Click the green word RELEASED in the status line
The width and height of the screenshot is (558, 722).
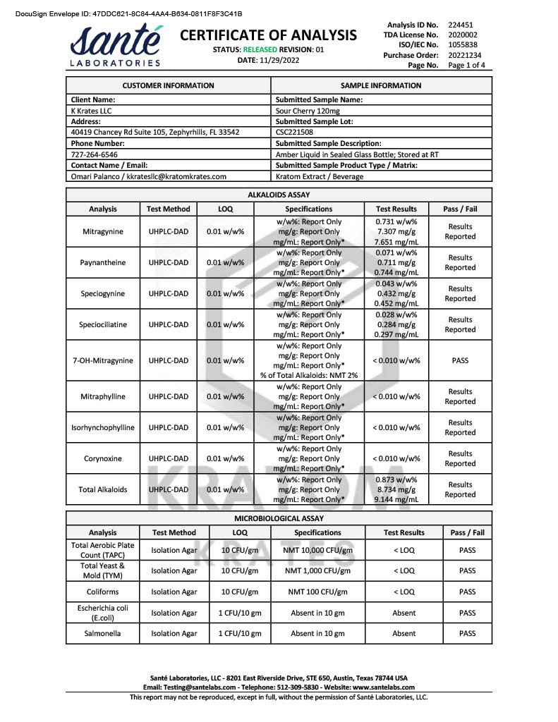260,49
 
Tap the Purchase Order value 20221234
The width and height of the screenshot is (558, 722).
466,55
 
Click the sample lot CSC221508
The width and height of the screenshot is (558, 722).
296,133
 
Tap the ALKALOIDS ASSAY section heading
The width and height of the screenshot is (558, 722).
279,195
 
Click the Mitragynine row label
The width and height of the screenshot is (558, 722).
102,231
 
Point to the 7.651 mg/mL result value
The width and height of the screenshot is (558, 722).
397,241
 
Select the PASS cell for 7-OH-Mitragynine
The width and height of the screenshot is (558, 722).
460,360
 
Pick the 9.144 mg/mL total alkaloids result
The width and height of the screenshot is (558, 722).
397,499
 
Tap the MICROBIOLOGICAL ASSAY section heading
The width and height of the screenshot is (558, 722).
279,518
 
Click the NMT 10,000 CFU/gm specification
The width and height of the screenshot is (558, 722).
317,550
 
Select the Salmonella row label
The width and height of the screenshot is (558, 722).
102,633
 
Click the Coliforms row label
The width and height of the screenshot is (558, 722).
102,592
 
